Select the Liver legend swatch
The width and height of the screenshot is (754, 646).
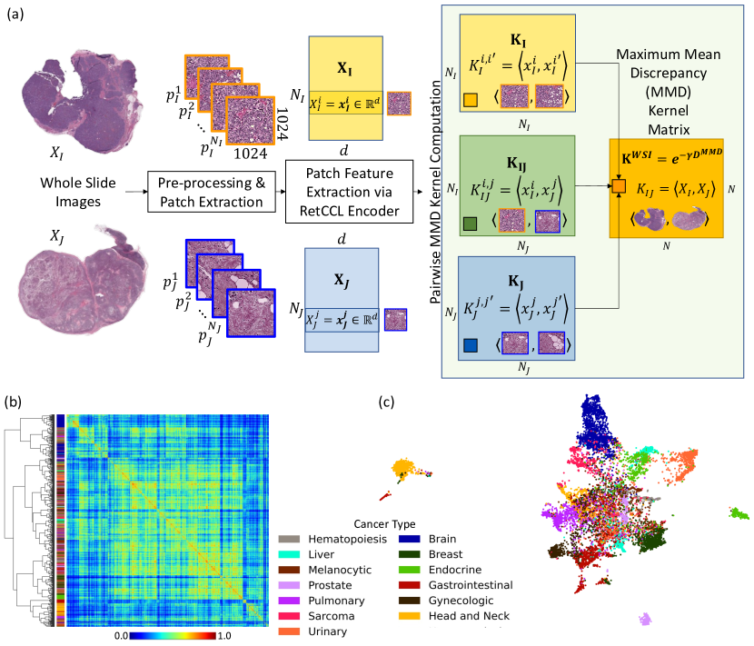click(291, 553)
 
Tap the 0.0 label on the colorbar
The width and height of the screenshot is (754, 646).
click(121, 638)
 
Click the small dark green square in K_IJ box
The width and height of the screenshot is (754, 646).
click(469, 221)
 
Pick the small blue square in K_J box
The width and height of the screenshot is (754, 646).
click(469, 345)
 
